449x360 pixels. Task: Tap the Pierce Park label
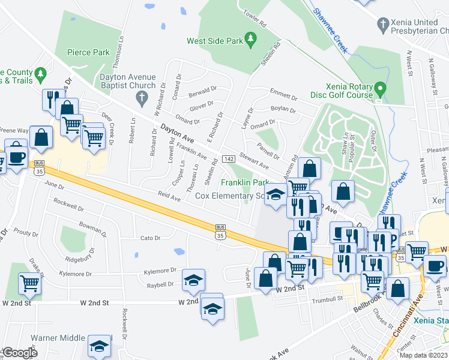click(x=88, y=52)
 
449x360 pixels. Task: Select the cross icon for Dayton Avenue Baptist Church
click(x=142, y=97)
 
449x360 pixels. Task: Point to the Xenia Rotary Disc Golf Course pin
click(x=379, y=90)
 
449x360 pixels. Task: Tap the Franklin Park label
click(x=245, y=182)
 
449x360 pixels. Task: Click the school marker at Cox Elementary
click(x=276, y=196)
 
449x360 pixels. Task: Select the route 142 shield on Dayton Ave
click(x=228, y=158)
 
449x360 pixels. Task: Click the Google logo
click(x=19, y=353)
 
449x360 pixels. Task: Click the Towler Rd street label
click(x=254, y=18)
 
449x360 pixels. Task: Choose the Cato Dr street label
click(x=149, y=238)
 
